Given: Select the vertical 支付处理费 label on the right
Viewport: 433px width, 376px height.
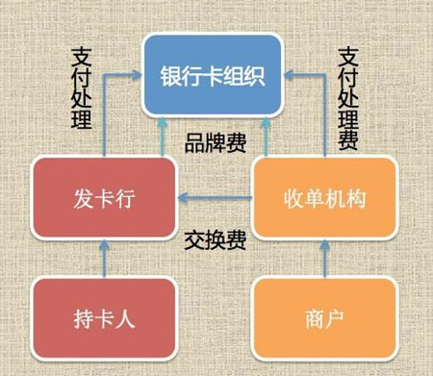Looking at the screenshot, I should pos(348,96).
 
